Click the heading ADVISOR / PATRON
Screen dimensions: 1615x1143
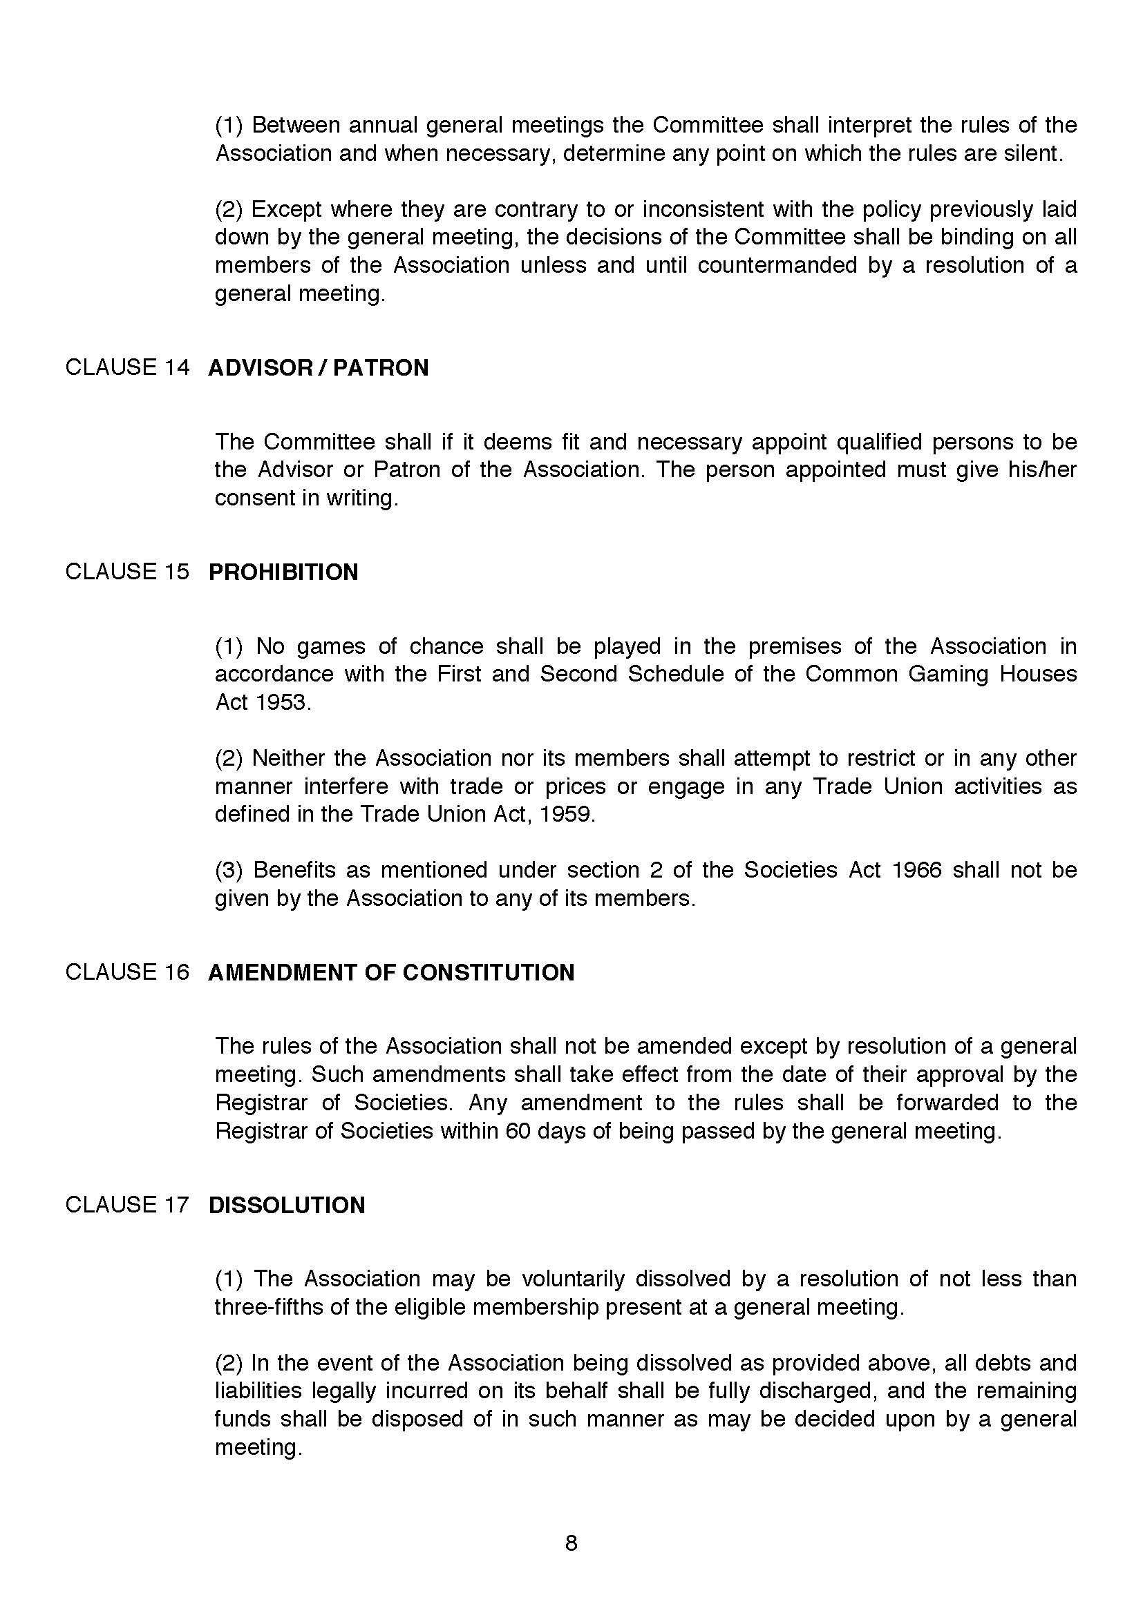[x=318, y=368]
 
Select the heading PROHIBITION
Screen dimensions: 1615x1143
[x=283, y=572]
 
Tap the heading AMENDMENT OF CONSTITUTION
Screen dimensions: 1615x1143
[x=391, y=972]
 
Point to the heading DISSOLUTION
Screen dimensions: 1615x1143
[x=287, y=1205]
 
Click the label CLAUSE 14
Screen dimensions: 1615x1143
[x=127, y=367]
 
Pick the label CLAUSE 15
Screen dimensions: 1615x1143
[x=127, y=571]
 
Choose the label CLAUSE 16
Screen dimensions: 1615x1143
[x=127, y=971]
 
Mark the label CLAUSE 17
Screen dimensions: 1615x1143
[x=127, y=1204]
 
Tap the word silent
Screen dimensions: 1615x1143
[x=1032, y=153]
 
